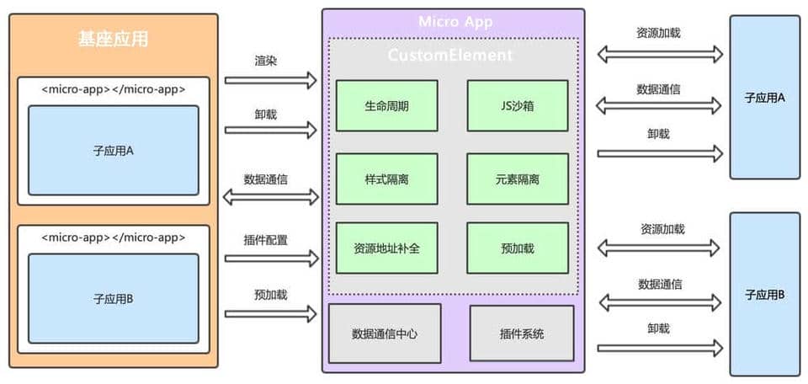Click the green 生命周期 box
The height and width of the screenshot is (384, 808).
coord(386,106)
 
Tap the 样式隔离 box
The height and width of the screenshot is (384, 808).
coord(386,179)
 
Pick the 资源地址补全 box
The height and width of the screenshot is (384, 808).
coord(386,248)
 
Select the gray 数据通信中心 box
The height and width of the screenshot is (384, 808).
coord(385,333)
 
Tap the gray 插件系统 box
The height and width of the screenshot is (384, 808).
coord(521,333)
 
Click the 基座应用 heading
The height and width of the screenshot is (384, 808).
coord(113,39)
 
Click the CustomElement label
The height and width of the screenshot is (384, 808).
coord(450,55)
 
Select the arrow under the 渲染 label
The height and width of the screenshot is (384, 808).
coord(270,81)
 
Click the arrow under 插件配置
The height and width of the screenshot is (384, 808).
coord(270,259)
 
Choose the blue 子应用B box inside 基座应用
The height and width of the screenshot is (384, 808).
coord(114,297)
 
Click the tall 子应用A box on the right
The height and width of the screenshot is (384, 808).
coord(764,97)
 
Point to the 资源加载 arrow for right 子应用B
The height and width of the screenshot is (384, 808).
coord(660,248)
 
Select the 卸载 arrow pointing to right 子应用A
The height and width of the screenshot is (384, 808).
coord(660,152)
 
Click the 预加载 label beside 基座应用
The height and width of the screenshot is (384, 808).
coord(270,295)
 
